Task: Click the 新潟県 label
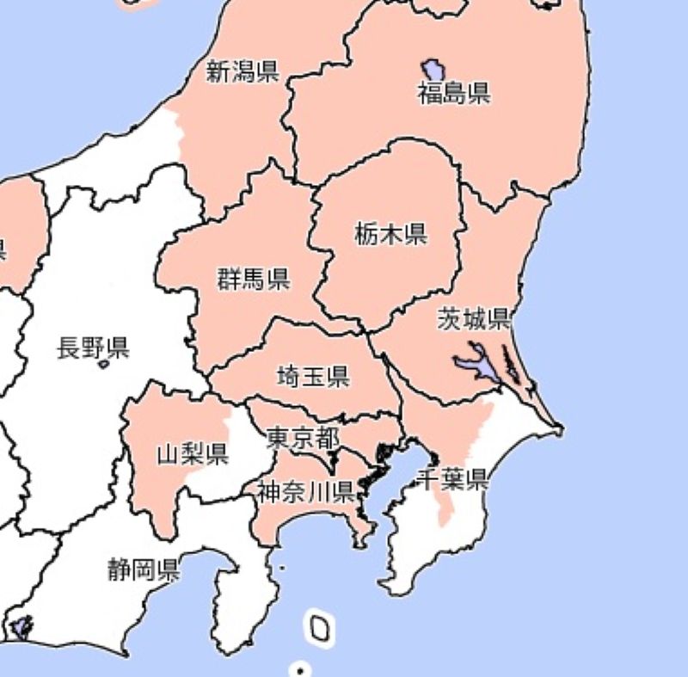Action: click(243, 71)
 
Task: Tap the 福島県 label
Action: click(454, 92)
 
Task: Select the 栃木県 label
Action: click(391, 233)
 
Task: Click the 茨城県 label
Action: click(473, 319)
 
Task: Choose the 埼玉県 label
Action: click(312, 375)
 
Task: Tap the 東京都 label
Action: click(301, 438)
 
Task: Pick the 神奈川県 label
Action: click(306, 491)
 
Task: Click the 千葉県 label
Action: click(453, 479)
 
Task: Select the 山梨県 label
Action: click(192, 453)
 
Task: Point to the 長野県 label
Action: click(93, 348)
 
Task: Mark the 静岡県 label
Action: click(144, 569)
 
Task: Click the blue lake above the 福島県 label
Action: click(433, 68)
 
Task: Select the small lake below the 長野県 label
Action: click(104, 365)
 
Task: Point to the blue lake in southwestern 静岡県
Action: click(21, 627)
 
